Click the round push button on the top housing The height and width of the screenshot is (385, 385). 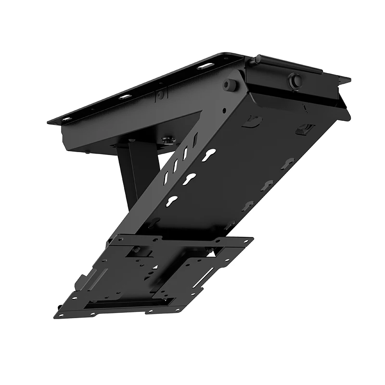pos(294,79)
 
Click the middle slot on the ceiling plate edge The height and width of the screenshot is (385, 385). pos(125,97)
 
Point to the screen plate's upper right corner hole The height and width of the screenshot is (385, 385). pos(248,239)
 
